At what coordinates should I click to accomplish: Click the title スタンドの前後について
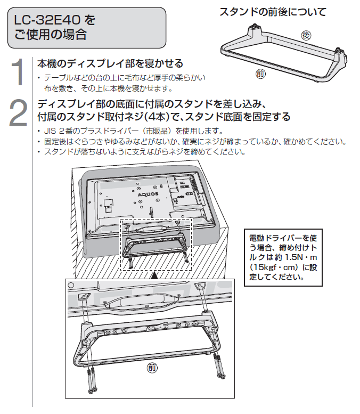point(273,12)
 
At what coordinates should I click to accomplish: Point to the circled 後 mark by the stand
point(306,36)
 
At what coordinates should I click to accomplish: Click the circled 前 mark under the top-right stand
point(260,74)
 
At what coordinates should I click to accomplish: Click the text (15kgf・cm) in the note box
point(276,267)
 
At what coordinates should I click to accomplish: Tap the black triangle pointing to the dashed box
point(153,275)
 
